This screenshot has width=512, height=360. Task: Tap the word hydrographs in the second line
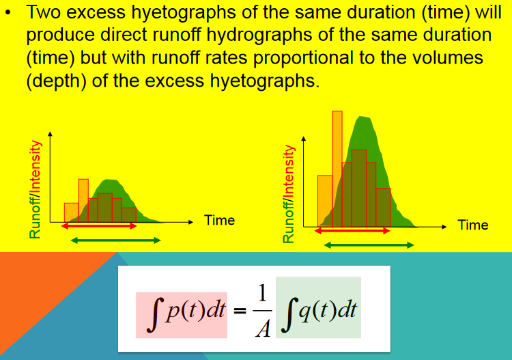click(x=259, y=36)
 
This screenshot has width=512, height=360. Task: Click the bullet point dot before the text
click(x=8, y=13)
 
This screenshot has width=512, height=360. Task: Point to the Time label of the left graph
click(x=219, y=220)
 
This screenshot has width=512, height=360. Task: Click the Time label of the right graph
click(x=473, y=225)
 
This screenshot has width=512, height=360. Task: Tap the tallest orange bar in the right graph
click(x=337, y=169)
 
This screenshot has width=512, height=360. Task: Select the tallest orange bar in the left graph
click(x=83, y=201)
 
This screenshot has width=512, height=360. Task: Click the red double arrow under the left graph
click(x=99, y=225)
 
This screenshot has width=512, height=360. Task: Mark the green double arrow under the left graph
click(x=115, y=240)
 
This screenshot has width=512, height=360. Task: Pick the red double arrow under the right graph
click(x=352, y=231)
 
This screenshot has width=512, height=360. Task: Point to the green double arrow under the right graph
click(x=369, y=245)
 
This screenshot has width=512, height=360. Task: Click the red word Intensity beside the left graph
click(x=35, y=167)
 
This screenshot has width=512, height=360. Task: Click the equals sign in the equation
click(x=240, y=310)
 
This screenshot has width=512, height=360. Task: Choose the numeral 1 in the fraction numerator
click(x=262, y=293)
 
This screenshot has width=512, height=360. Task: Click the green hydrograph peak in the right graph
click(x=362, y=117)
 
